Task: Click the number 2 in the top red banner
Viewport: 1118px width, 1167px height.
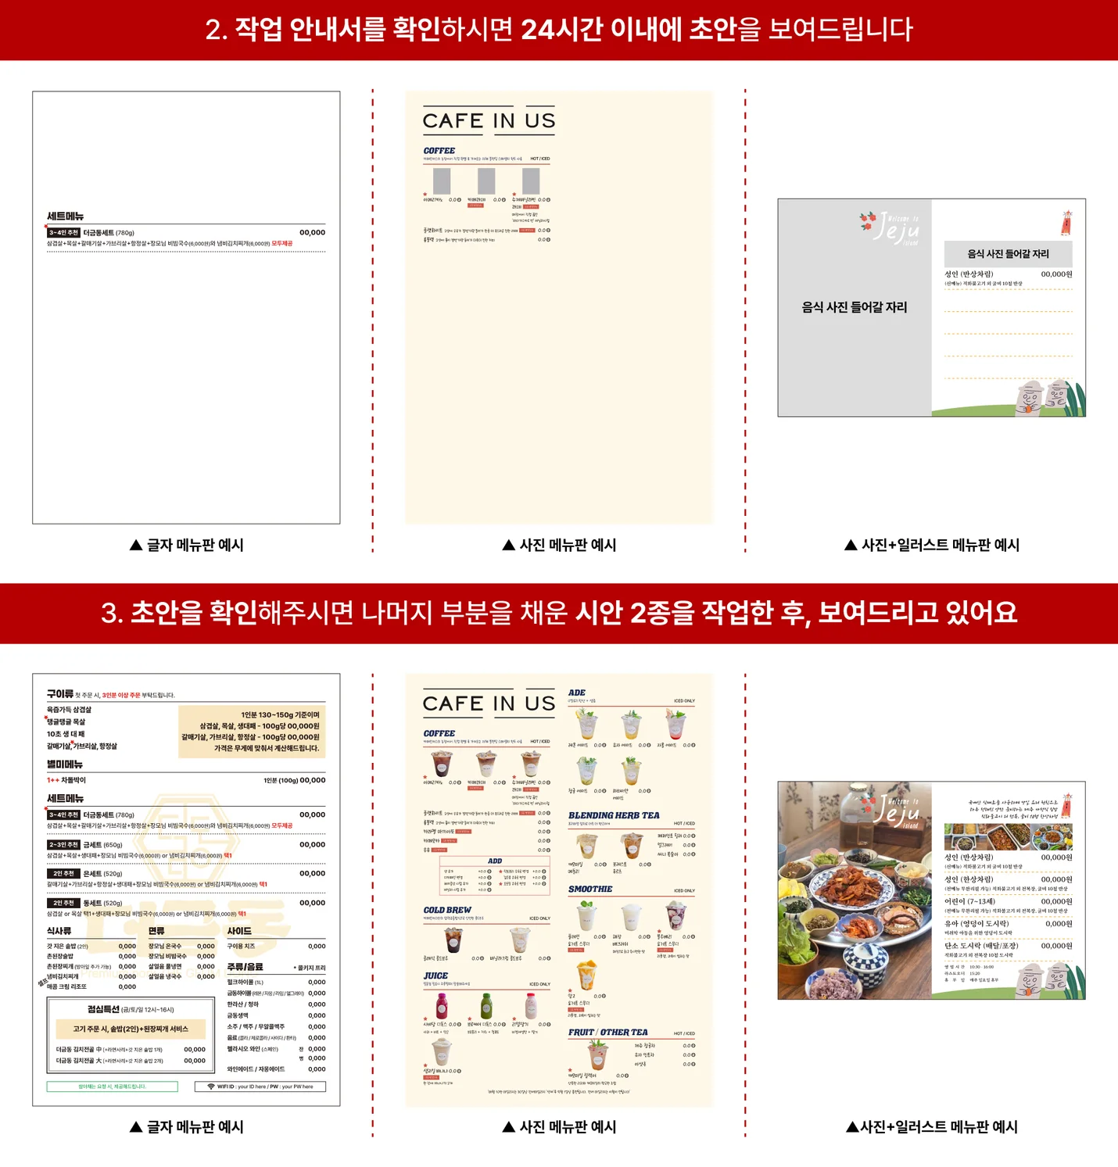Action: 213,30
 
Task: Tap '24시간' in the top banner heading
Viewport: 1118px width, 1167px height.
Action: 561,30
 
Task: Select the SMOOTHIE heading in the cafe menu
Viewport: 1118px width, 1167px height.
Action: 590,890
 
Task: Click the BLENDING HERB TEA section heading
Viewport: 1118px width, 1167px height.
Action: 614,815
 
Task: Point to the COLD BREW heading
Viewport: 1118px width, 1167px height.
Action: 447,910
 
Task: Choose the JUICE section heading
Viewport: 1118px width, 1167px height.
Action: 435,975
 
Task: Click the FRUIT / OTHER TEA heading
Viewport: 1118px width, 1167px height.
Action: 607,1032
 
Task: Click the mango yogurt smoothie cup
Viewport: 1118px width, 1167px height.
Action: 586,976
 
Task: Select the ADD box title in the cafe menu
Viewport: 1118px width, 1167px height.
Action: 495,861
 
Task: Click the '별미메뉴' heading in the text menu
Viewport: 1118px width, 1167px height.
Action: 65,764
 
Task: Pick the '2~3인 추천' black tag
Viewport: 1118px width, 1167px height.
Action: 63,844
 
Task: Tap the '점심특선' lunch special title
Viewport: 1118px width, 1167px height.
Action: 104,1009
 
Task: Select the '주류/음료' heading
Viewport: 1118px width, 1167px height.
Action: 245,967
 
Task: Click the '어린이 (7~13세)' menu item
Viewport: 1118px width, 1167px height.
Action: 969,901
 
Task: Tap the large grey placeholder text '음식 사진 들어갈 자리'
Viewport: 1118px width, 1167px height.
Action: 855,307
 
